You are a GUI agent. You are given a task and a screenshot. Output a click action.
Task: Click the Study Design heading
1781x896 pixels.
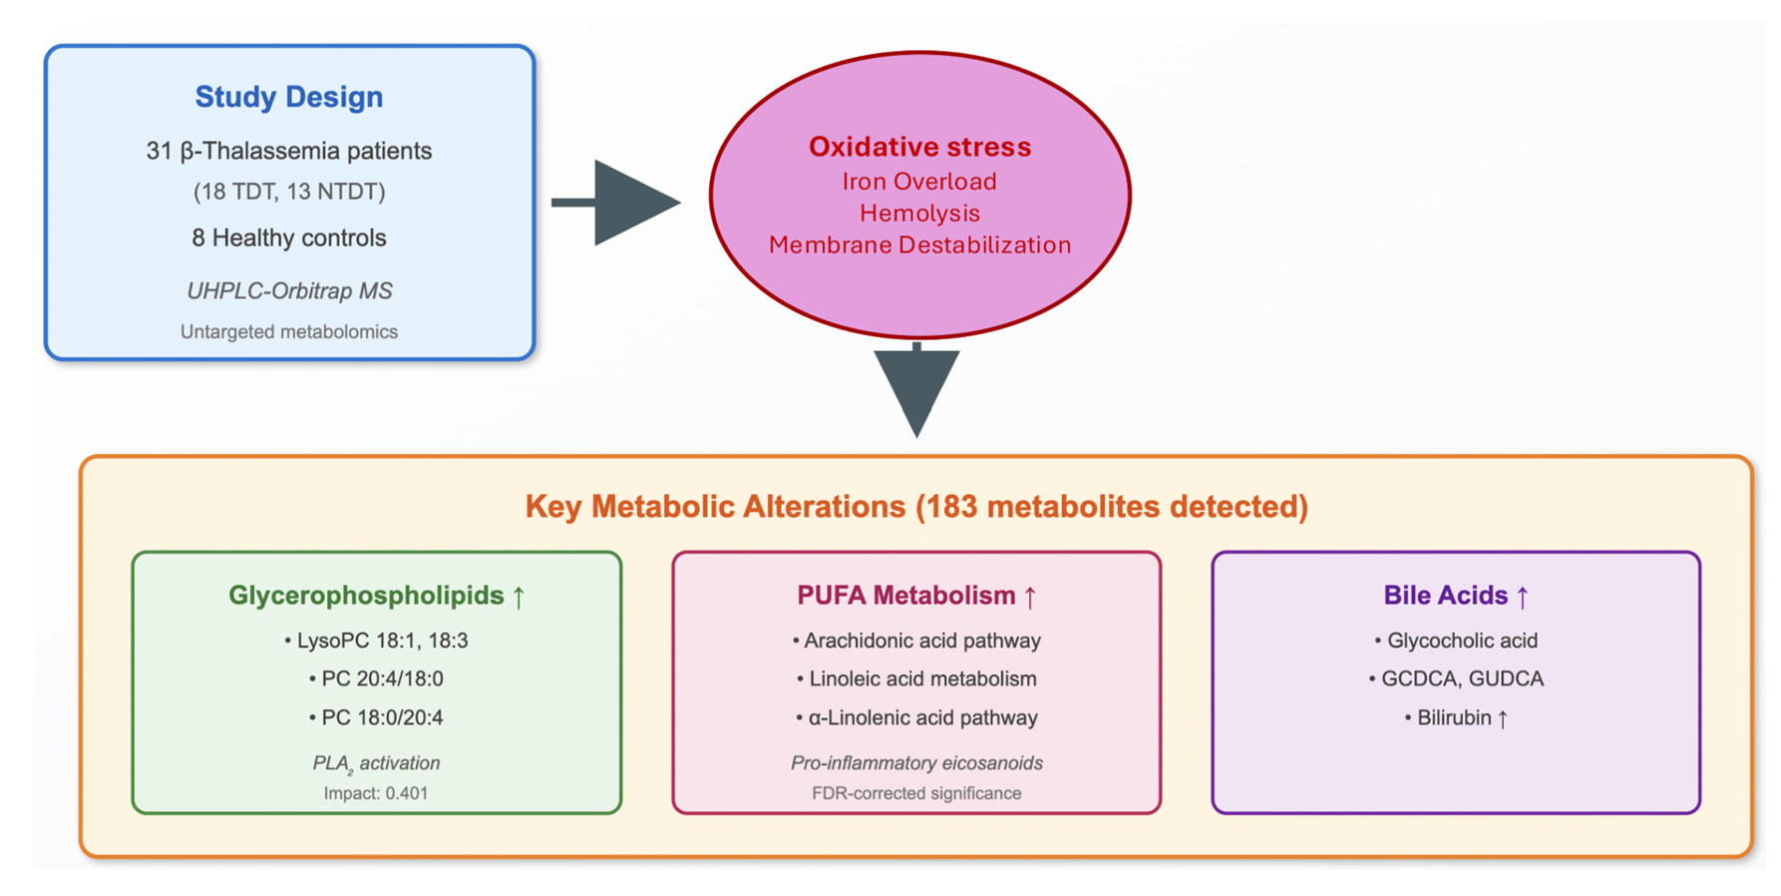289,97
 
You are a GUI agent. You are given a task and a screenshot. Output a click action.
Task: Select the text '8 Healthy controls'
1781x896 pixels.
289,237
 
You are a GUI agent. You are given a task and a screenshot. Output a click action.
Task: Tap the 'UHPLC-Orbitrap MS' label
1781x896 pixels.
289,290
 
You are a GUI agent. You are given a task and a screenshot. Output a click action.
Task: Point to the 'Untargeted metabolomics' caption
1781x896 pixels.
289,331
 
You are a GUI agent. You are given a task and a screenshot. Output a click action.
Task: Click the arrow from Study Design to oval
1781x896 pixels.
615,203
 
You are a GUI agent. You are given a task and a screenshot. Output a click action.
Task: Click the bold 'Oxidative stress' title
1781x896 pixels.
919,147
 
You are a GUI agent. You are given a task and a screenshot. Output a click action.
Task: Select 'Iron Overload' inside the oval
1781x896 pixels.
919,182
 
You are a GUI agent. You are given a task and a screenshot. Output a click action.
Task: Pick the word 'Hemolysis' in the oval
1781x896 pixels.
919,214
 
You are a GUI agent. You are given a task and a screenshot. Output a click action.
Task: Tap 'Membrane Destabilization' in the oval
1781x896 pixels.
919,245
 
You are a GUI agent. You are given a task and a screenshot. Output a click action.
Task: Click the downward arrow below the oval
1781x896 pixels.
917,390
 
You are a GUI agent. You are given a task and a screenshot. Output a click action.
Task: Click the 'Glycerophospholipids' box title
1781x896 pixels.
366,596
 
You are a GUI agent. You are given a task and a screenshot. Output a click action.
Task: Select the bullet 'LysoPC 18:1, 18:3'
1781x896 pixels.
376,641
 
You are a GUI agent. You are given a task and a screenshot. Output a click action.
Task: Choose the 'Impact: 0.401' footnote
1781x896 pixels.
376,793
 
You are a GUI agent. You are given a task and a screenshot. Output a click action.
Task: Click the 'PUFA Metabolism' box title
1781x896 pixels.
905,596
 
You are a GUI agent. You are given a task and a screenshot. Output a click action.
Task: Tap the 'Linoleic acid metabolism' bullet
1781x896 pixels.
916,678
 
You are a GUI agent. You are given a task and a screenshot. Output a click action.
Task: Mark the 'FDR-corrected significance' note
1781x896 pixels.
916,793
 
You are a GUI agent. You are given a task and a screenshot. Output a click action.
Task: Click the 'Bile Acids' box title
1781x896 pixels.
1445,596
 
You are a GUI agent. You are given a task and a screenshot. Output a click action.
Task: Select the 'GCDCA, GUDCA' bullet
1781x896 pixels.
1456,678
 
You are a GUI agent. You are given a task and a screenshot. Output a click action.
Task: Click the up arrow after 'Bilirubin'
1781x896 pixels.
1502,718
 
